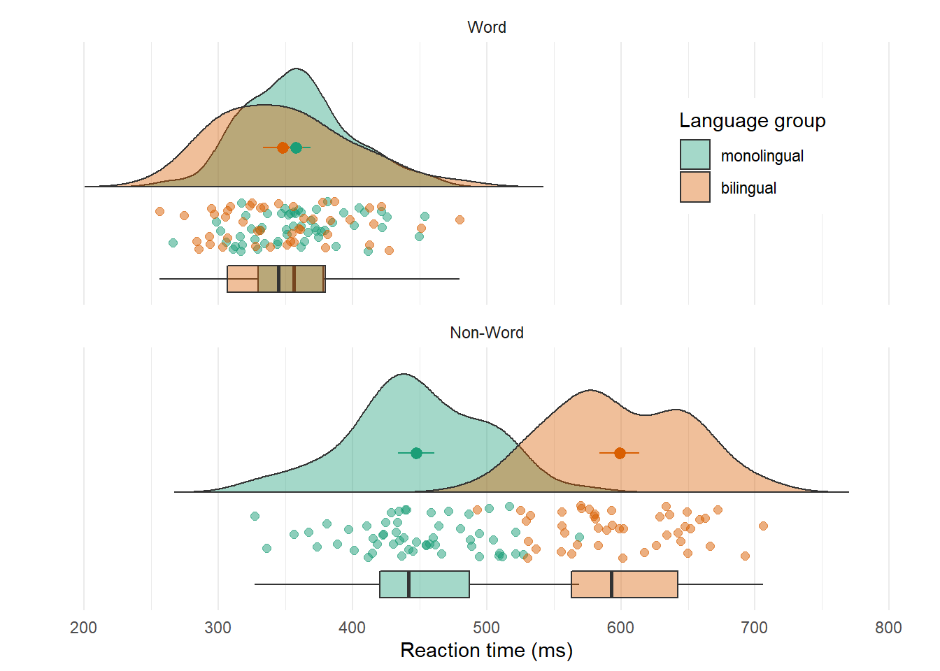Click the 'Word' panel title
point(486,27)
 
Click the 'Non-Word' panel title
point(486,333)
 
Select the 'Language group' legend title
point(752,121)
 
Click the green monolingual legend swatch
point(695,154)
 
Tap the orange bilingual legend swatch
point(695,187)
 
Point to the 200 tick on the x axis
point(84,628)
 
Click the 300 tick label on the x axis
point(218,628)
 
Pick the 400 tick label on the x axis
point(352,628)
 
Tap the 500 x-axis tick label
point(486,628)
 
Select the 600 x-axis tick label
point(620,628)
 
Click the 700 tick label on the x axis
point(754,628)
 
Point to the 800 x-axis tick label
point(888,628)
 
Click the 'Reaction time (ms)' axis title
point(486,651)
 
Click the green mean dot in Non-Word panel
point(416,453)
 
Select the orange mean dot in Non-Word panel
point(620,453)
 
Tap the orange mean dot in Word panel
point(283,147)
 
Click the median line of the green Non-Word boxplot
point(408,584)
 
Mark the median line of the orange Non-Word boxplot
point(611,584)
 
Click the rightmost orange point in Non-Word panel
point(763,526)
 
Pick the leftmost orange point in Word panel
point(159,211)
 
